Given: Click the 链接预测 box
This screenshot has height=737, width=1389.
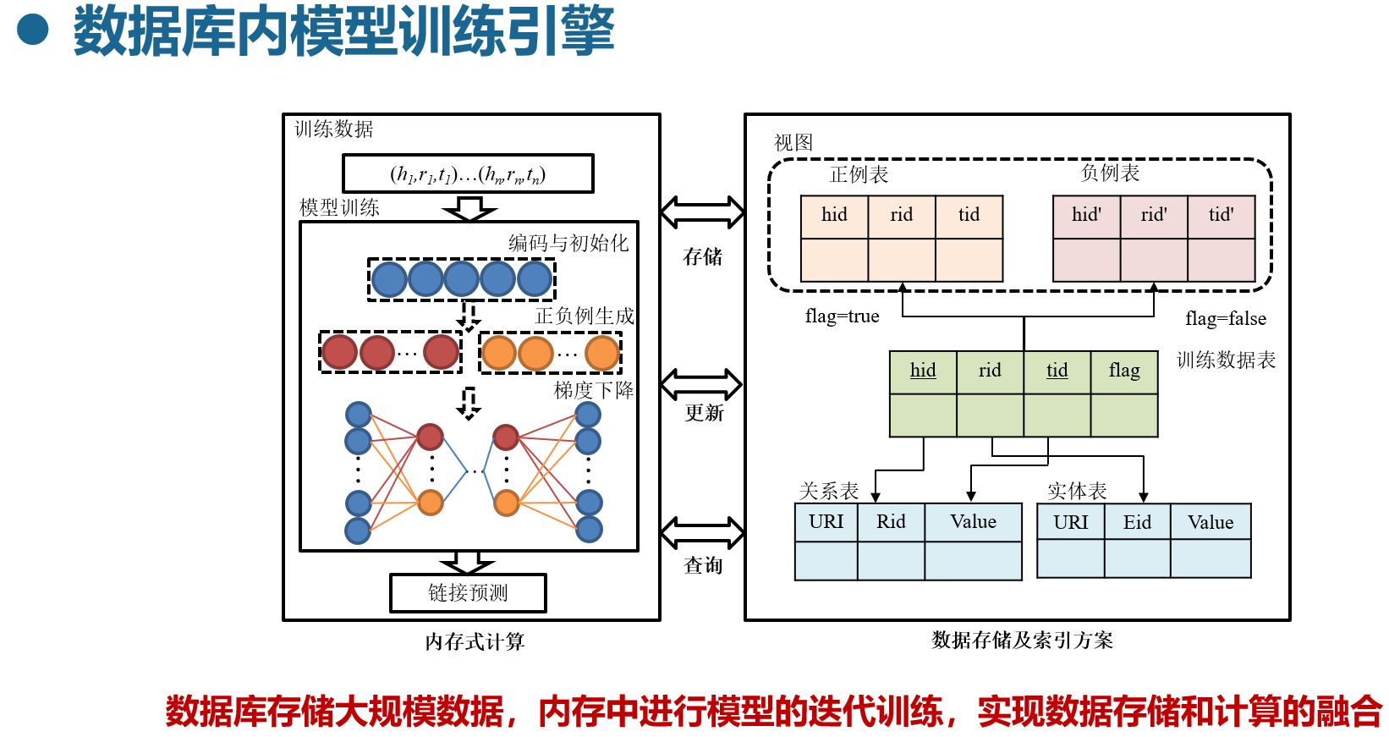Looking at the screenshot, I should pyautogui.click(x=468, y=593).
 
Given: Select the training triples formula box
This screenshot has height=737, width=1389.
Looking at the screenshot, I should pyautogui.click(x=468, y=174).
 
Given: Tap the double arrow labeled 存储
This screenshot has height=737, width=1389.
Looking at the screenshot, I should pyautogui.click(x=702, y=212).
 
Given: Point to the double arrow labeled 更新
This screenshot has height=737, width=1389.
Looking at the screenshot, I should pyautogui.click(x=701, y=385).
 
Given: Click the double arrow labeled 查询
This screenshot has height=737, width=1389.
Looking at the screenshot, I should pyautogui.click(x=702, y=533).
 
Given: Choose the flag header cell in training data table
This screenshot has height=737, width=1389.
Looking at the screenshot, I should pyautogui.click(x=1124, y=371).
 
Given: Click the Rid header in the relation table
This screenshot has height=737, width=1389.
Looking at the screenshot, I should pyautogui.click(x=891, y=522).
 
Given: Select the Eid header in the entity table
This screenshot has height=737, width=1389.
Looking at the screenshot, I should pyautogui.click(x=1137, y=523).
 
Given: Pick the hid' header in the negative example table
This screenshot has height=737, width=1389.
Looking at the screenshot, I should pyautogui.click(x=1086, y=215).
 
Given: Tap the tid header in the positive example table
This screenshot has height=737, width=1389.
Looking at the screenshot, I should pyautogui.click(x=969, y=215).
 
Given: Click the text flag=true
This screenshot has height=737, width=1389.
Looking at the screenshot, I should pyautogui.click(x=842, y=316).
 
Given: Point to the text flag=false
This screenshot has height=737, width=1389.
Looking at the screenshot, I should pyautogui.click(x=1226, y=319).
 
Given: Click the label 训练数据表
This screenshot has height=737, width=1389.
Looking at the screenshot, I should pyautogui.click(x=1226, y=360).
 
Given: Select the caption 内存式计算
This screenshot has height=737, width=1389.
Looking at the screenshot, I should pyautogui.click(x=475, y=642).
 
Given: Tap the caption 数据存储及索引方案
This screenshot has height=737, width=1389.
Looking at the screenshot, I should pyautogui.click(x=1022, y=641).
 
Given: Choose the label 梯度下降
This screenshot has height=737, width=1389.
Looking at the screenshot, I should pyautogui.click(x=593, y=390).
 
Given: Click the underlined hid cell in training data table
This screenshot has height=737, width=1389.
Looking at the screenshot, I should pyautogui.click(x=923, y=371).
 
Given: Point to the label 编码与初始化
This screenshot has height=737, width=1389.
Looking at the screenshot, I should pyautogui.click(x=568, y=244).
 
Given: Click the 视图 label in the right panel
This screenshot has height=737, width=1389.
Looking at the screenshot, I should pyautogui.click(x=793, y=143).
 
